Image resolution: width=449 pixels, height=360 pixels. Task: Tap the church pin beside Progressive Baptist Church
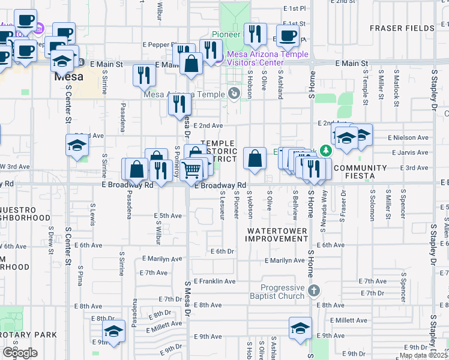click(x=313, y=291)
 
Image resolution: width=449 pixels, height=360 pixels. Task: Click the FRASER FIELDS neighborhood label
click(x=402, y=28)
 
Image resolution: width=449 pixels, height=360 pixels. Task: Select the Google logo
click(x=20, y=353)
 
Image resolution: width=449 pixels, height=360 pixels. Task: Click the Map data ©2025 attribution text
click(x=423, y=355)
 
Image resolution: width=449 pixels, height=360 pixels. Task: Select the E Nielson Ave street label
click(x=408, y=137)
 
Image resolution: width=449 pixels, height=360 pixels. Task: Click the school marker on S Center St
click(x=77, y=146)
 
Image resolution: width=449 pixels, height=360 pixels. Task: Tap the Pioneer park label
click(x=225, y=34)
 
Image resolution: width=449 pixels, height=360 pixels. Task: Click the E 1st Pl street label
click(x=294, y=9)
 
